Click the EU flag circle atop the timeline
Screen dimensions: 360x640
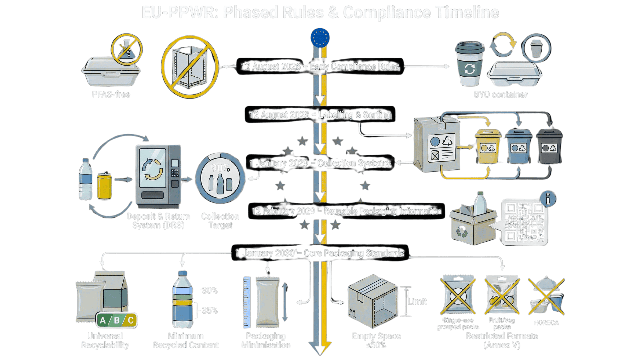pos(320,38)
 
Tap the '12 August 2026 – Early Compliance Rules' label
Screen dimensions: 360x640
pos(320,67)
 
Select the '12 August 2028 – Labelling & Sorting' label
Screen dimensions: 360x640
pos(320,115)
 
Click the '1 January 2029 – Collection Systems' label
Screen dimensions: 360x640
pos(320,163)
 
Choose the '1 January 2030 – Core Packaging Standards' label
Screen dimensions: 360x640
pos(320,253)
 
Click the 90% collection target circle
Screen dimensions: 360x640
pos(220,178)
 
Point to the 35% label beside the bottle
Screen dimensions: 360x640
pos(210,311)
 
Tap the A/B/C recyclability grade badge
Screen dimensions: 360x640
pos(117,321)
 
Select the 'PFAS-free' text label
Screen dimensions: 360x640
pos(111,95)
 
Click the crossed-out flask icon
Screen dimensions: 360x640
pos(127,49)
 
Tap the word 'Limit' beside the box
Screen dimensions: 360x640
pos(417,302)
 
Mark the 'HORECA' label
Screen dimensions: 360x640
pos(546,323)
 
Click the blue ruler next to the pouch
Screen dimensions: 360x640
pos(247,302)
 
